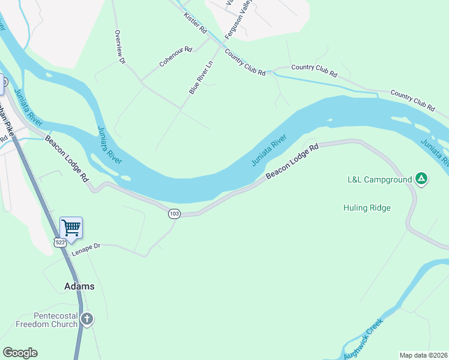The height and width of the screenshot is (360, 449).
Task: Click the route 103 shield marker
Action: tap(174, 214)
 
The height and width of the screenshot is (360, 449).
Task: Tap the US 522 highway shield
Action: tap(59, 242)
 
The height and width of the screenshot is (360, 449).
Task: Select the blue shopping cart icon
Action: tap(71, 227)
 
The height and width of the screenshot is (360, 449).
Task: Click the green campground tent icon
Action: tap(421, 179)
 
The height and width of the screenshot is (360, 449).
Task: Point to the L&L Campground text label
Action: tap(380, 179)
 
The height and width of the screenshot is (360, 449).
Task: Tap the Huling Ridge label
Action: tap(367, 208)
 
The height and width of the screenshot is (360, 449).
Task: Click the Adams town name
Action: tap(79, 286)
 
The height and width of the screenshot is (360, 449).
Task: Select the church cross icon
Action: tap(87, 319)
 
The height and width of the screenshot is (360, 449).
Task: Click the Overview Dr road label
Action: tap(119, 47)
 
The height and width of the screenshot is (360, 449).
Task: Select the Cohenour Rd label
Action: tap(175, 56)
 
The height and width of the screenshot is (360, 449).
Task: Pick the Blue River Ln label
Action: tap(201, 77)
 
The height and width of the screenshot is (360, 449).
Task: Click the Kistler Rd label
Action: tap(195, 22)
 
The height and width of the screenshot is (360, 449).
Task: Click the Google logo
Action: tap(20, 353)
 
